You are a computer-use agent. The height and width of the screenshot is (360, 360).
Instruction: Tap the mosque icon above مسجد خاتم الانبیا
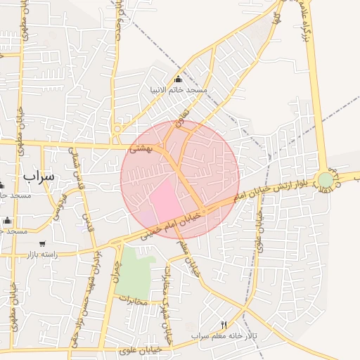178,79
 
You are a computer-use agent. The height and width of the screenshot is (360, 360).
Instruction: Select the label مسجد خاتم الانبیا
178,91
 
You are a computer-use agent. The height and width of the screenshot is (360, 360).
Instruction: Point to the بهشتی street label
138,150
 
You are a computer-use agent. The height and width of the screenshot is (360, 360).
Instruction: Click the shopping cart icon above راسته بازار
42,243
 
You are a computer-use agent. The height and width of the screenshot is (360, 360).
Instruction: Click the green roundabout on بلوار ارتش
325,180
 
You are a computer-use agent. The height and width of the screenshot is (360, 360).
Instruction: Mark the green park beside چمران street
134,274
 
